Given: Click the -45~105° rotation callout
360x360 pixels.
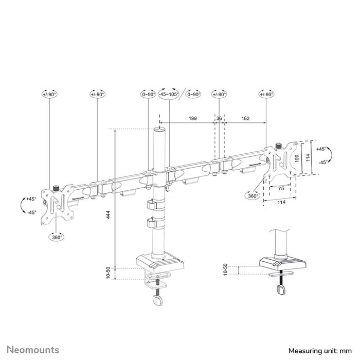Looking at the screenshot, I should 168,94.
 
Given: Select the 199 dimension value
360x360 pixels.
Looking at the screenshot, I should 193,119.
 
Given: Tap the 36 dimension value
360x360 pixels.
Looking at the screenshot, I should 219,119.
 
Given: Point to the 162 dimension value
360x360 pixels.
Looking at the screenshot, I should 245,119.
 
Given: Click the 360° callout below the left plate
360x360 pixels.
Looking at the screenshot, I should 57,237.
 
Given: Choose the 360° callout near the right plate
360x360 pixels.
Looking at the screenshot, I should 253,195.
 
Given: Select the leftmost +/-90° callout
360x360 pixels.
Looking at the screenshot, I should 49,94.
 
